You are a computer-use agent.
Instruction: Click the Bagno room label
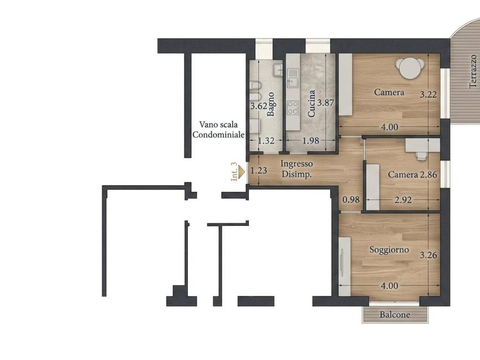point(270,105)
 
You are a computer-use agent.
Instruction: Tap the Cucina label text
point(311,104)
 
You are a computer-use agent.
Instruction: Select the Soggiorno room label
point(389,250)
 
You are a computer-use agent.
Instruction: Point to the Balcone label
point(395,315)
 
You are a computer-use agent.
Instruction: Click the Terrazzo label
point(473,72)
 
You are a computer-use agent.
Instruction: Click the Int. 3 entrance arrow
point(242,172)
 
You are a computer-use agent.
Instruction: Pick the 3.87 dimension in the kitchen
point(325,103)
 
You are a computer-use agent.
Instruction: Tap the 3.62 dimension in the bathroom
point(259,106)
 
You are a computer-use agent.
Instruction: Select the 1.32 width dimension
point(266,141)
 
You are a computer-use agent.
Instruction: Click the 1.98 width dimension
point(311,141)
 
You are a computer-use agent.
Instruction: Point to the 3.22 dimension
point(428,94)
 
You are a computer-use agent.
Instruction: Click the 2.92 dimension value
point(403,200)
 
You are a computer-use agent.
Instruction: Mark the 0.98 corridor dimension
point(351,200)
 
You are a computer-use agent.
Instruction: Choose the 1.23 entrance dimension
point(259,170)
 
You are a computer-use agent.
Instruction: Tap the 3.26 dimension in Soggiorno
point(428,255)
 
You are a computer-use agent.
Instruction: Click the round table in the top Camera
point(410,67)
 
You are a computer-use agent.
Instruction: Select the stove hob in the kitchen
point(292,107)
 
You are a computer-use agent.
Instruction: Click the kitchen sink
point(292,78)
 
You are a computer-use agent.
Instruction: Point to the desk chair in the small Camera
point(421,156)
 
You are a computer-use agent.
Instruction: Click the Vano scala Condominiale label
point(218,129)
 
